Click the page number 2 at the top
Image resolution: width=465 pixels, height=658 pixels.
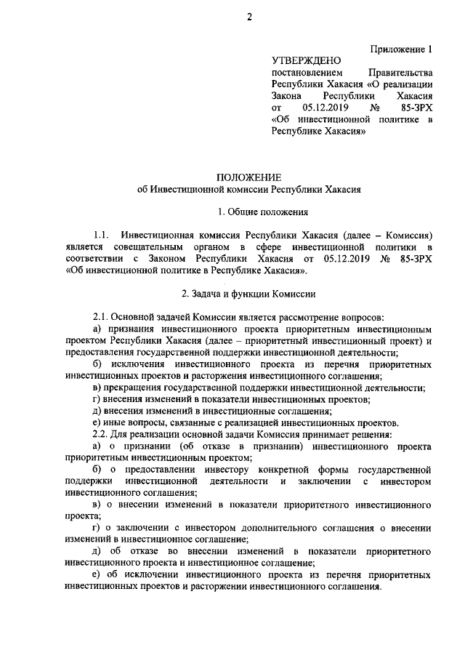click(x=248, y=17)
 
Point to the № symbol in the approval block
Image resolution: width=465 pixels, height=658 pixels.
click(x=376, y=108)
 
